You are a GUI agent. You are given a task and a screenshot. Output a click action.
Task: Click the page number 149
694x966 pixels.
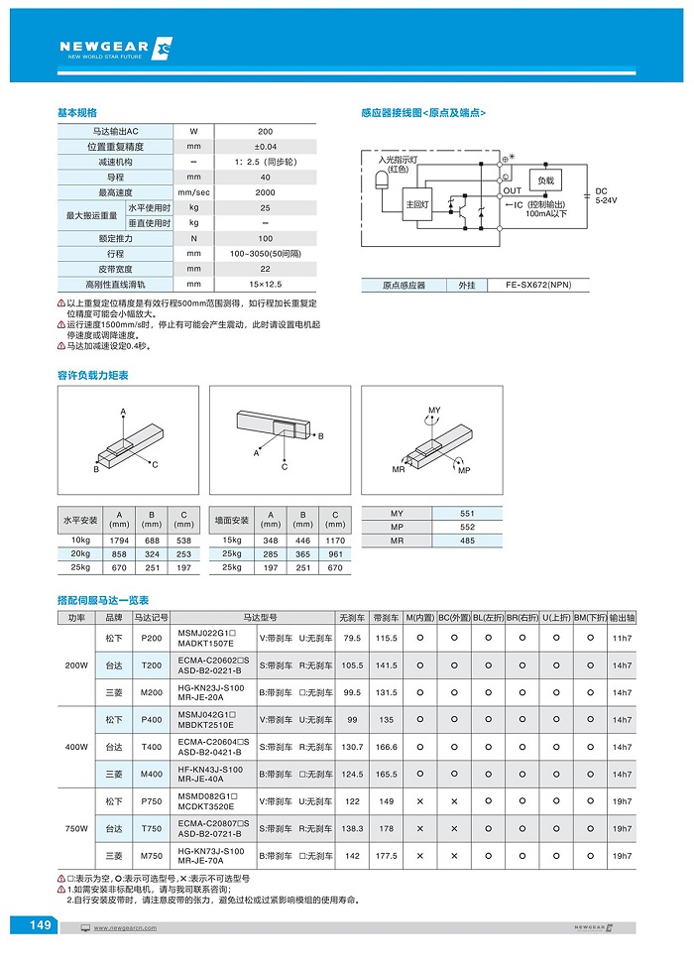(40, 925)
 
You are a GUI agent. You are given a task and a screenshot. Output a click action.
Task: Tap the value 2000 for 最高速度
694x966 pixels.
(265, 192)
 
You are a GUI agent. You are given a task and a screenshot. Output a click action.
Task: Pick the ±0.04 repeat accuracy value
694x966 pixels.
(265, 147)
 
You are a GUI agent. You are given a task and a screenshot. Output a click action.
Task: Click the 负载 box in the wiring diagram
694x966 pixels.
(545, 181)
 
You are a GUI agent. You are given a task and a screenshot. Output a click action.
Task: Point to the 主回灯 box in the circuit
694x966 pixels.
(416, 205)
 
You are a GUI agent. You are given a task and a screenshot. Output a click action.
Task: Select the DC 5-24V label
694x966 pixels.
(605, 194)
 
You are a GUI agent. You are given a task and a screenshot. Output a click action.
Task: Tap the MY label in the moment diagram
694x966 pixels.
(434, 410)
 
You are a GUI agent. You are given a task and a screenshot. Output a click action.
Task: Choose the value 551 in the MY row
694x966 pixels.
(467, 513)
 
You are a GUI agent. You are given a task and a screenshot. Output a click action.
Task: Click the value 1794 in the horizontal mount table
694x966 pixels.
(119, 540)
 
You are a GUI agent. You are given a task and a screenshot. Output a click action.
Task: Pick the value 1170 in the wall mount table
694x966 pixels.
(335, 540)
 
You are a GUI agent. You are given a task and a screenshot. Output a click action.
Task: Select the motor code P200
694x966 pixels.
(153, 638)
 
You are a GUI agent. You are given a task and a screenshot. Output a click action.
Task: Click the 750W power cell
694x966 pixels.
(76, 828)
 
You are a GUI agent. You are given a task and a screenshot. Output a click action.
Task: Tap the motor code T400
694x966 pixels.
(153, 747)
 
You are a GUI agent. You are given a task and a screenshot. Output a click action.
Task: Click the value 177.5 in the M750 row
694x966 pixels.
(387, 855)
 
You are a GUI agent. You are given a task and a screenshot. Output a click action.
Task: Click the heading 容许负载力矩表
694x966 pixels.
(93, 375)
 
